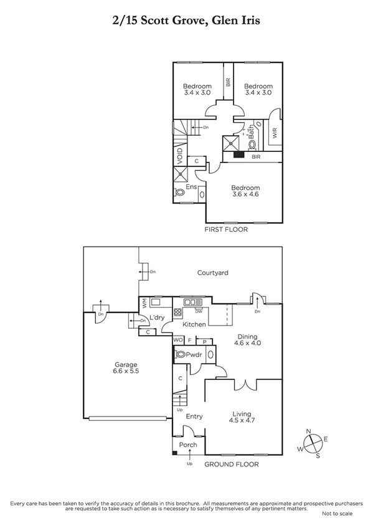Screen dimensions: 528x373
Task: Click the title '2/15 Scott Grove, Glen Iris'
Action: coord(186,21)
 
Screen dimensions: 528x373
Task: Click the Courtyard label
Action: coord(212,273)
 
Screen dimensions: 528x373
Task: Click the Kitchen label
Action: coord(194,325)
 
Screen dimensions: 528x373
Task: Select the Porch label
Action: coord(188,445)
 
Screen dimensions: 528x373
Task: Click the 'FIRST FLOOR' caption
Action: coord(226,230)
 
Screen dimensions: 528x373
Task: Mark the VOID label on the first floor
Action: coord(179,154)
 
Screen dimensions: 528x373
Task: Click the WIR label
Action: coord(275,133)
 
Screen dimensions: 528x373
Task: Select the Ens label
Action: coord(191,186)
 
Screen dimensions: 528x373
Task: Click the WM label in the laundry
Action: coord(144,303)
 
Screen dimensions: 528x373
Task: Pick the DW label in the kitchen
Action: coord(199,310)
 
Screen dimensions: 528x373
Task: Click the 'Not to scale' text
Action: coord(337,513)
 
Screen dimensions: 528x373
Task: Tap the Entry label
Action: coord(194,417)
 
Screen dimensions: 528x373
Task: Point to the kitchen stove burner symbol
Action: coord(177,313)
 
